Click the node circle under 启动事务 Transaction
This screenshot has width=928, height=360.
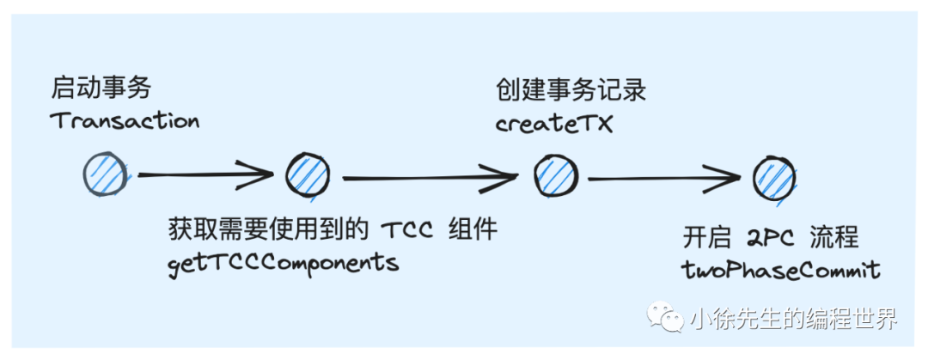point(104,175)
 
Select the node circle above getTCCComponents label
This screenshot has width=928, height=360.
point(307,175)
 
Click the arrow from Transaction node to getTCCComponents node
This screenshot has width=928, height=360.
point(205,176)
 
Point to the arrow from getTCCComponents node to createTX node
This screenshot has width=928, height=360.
point(430,178)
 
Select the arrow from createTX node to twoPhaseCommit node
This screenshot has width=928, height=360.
point(664,179)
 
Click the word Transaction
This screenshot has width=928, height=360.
point(125,120)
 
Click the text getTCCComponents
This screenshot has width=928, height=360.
point(284,262)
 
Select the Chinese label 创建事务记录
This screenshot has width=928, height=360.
point(571,89)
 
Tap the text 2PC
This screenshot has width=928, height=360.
point(766,237)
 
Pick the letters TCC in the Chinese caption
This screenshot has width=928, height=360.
point(407,230)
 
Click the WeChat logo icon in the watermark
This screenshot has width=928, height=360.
point(667,319)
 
